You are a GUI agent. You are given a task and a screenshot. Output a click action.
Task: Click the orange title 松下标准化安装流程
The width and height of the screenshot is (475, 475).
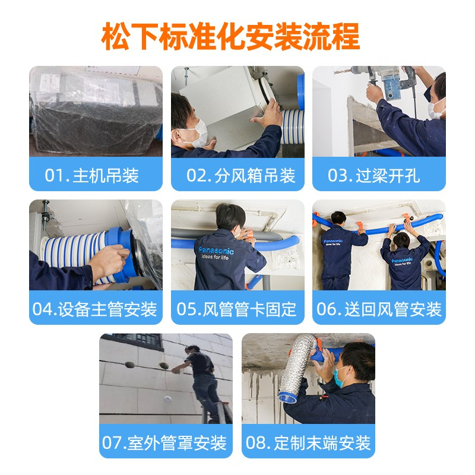[230, 36]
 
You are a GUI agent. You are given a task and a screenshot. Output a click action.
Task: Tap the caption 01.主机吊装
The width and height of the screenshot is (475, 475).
[92, 175]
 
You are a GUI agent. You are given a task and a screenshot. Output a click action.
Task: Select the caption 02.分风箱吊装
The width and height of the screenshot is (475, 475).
[241, 175]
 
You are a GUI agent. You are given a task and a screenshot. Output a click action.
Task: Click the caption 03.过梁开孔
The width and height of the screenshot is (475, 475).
[374, 175]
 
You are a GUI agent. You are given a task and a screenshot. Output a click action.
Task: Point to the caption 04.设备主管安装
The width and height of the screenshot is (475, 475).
[95, 309]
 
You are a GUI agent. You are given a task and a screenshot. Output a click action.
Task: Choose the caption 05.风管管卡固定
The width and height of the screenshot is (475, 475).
[236, 309]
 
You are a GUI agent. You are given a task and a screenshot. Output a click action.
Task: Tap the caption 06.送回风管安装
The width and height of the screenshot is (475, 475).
[379, 309]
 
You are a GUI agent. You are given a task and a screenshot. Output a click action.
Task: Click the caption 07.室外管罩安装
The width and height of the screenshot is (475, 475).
[164, 442]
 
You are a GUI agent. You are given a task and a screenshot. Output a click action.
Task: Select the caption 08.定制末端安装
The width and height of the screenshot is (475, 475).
[308, 442]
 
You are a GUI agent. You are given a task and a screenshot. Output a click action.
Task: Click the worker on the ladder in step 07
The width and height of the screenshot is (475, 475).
[201, 382]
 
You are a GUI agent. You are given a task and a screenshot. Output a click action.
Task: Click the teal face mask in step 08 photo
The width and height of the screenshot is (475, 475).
[340, 376]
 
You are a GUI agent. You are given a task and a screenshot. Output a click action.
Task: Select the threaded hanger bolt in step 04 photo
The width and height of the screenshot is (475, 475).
[46, 211]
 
